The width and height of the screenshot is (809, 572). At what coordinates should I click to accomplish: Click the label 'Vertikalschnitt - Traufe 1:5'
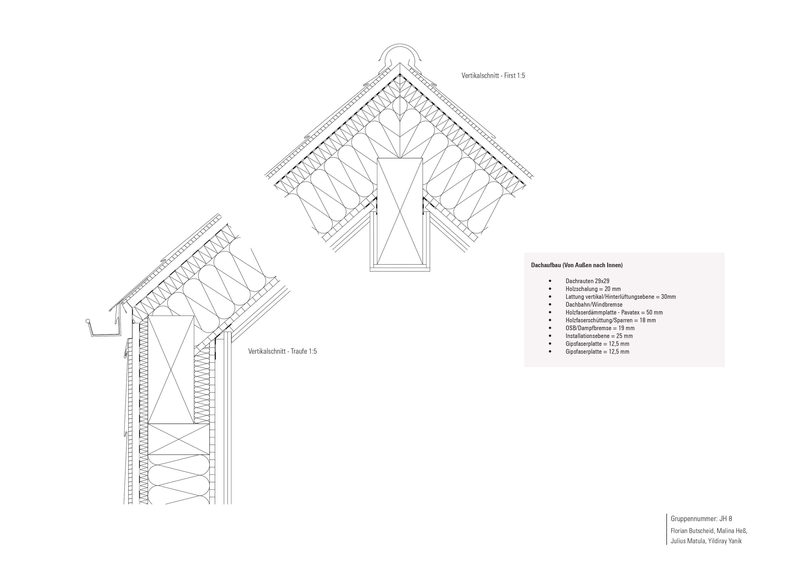282,352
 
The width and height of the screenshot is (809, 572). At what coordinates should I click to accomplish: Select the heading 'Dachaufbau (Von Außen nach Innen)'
577,265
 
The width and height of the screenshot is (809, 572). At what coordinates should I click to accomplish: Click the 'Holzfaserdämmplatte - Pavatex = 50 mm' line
614,312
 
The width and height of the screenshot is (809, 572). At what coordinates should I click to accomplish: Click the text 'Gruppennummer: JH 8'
701,519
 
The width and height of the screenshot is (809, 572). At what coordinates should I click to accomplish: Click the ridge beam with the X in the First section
400,211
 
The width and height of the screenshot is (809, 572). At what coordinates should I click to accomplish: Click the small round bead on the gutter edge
87,321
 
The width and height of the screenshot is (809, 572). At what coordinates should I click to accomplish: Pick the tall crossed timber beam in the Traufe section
171,370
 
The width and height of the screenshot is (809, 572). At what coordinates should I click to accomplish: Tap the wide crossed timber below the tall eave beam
179,439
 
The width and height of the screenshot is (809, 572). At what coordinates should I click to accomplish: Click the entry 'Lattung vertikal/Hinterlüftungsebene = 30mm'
621,297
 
